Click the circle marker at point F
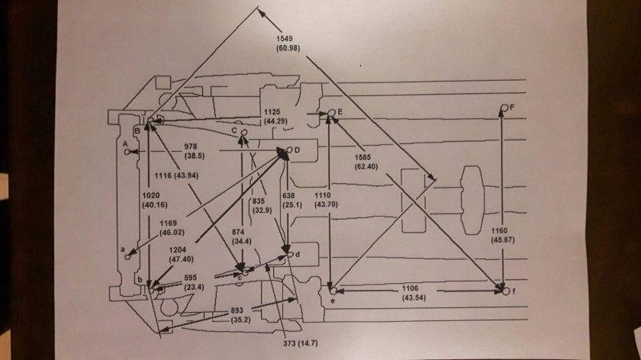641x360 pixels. (504, 108)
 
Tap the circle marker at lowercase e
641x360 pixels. (333, 291)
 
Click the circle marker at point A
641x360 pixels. (127, 152)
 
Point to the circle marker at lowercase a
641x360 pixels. (127, 257)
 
